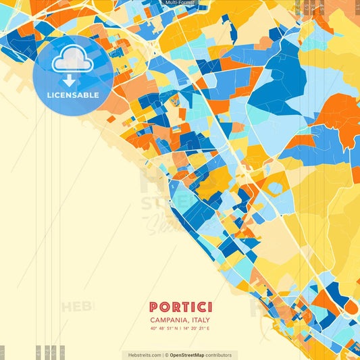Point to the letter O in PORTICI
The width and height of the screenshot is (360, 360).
[165, 307]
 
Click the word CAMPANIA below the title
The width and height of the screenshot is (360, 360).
[168, 319]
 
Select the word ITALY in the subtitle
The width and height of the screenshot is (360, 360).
[201, 319]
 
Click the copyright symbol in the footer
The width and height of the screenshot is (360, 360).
[166, 355]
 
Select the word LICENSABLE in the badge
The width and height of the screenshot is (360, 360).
[72, 95]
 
